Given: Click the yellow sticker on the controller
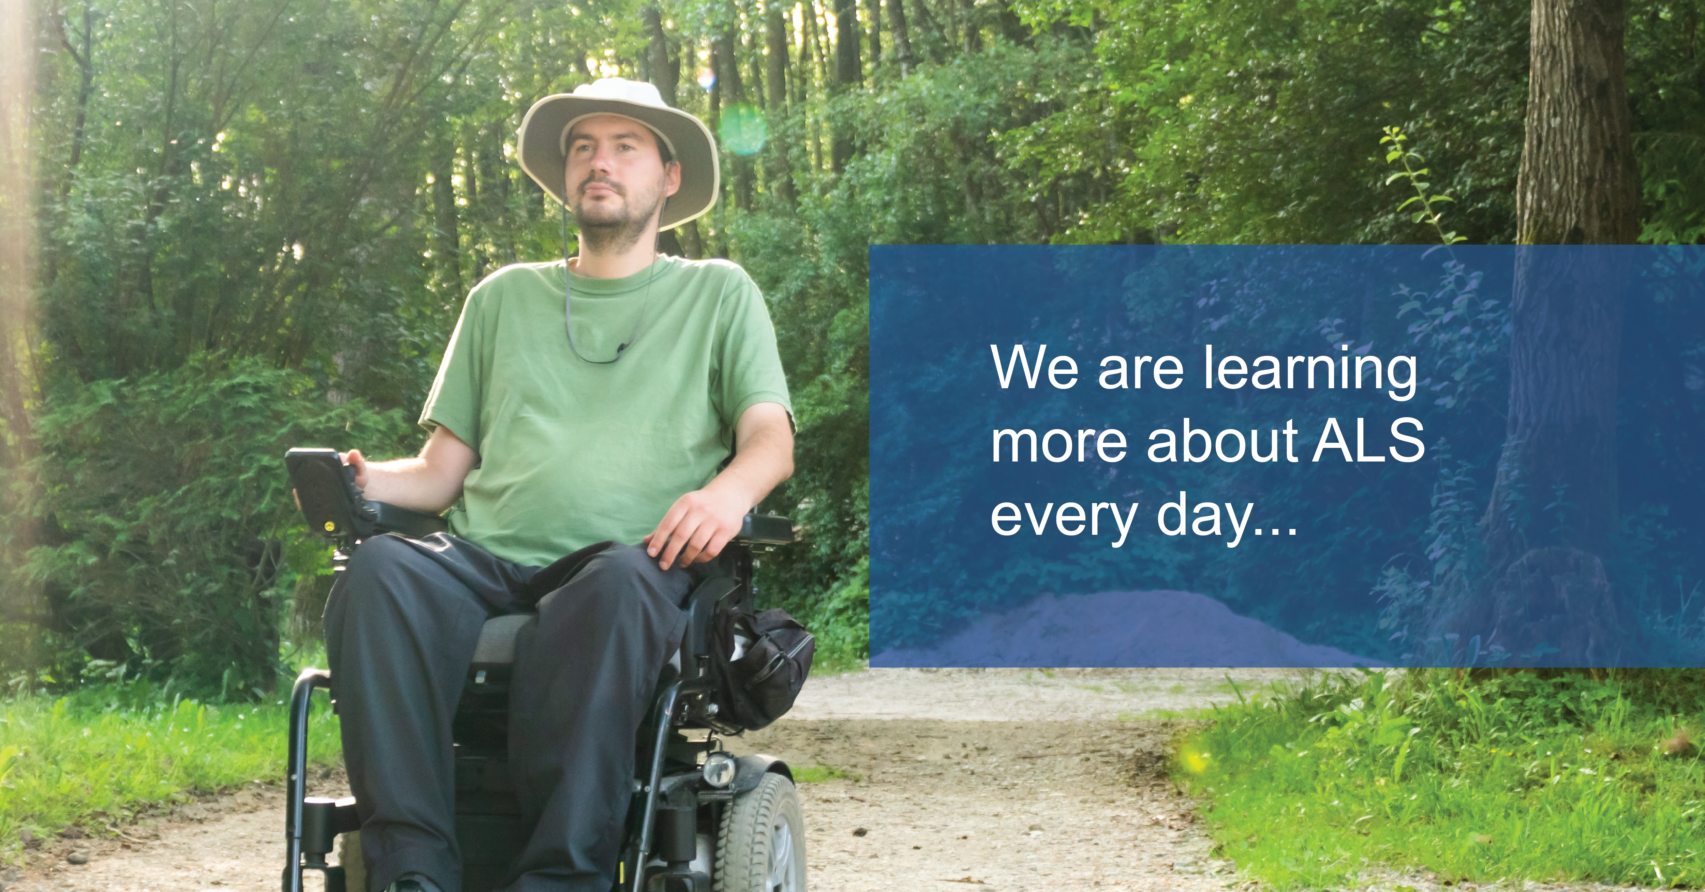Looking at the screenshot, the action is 327,526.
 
